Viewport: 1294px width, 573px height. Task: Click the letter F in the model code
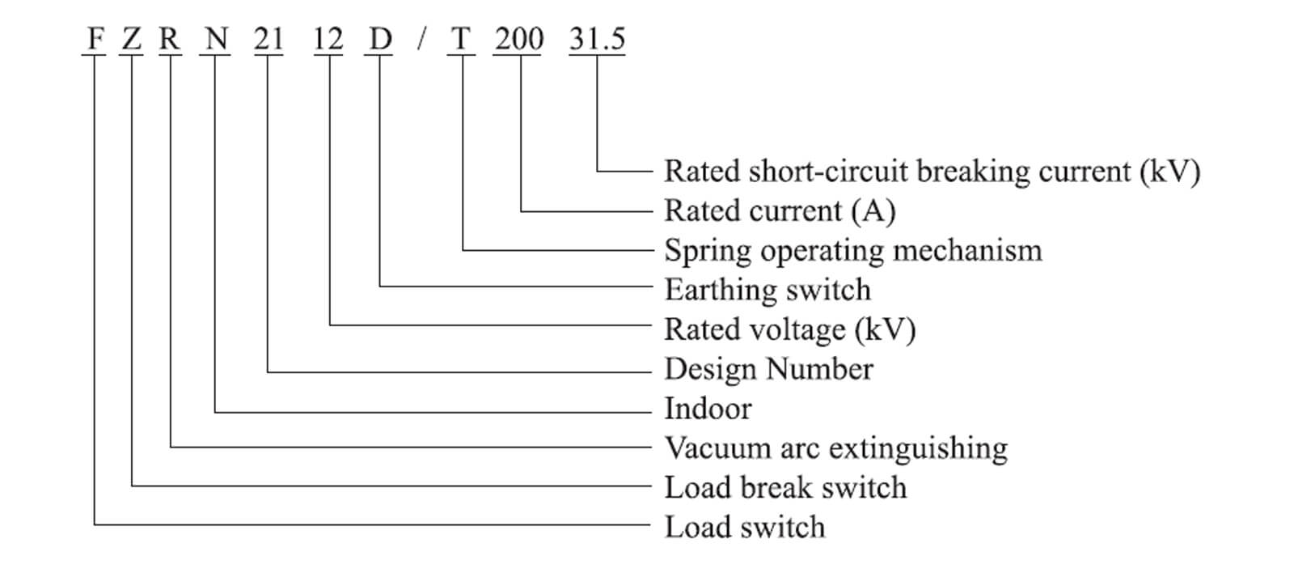click(95, 39)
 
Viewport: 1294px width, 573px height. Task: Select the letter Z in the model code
click(132, 39)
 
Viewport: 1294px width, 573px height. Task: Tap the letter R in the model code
click(170, 39)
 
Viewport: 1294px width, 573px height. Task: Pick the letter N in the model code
click(216, 39)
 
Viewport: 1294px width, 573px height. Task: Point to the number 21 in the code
click(269, 39)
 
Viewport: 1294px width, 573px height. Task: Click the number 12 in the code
click(328, 39)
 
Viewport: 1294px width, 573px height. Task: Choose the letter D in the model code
click(380, 39)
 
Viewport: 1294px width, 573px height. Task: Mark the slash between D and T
click(421, 39)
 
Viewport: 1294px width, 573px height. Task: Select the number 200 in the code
click(519, 39)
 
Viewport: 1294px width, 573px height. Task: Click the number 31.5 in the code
click(597, 39)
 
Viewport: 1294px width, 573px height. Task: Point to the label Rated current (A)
click(780, 211)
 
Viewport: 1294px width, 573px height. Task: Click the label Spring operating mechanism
click(853, 251)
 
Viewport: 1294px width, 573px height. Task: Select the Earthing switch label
click(768, 290)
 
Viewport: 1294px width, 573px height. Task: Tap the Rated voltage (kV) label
click(789, 329)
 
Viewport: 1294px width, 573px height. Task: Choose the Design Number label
click(768, 369)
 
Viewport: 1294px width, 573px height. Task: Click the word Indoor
click(708, 409)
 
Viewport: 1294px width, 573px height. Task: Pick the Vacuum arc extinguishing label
click(836, 448)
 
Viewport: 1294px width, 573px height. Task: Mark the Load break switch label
click(785, 488)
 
